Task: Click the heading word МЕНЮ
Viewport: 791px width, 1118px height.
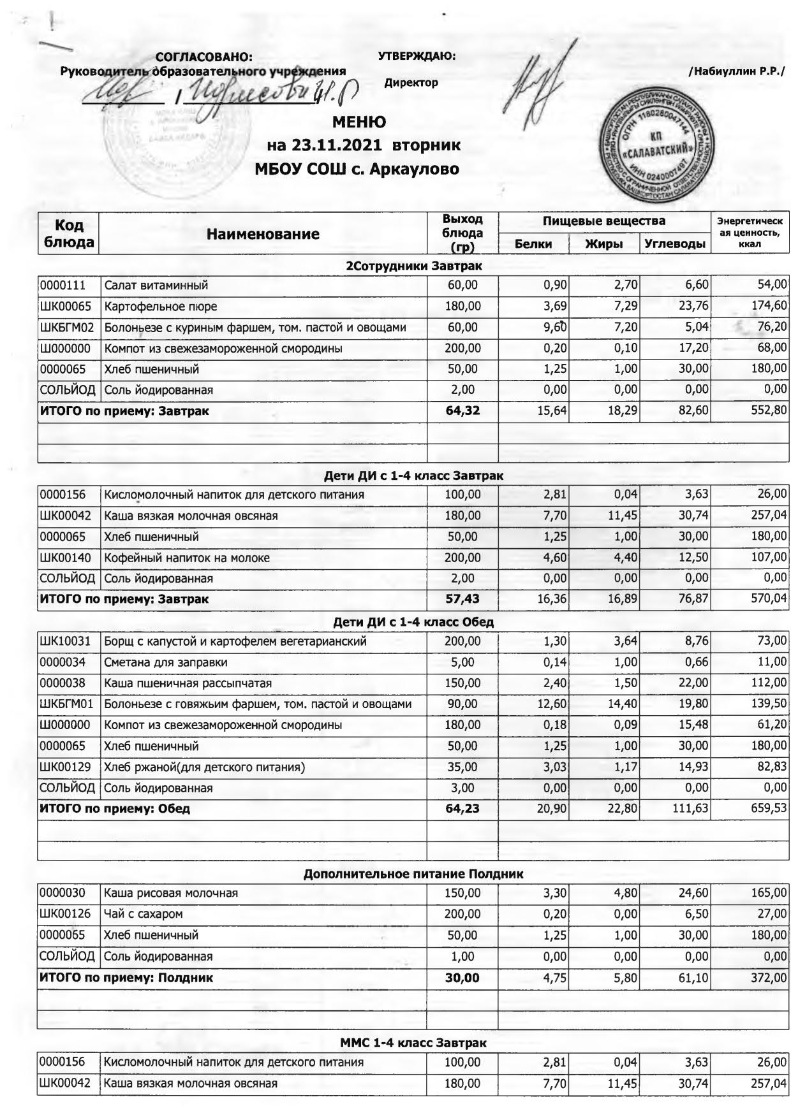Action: [x=359, y=122]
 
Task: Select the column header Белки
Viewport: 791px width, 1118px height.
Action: [x=533, y=243]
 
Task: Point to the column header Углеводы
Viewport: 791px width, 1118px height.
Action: [x=674, y=243]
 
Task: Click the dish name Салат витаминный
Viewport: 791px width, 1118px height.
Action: [x=156, y=286]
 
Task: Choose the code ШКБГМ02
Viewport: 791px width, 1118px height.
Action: [x=67, y=328]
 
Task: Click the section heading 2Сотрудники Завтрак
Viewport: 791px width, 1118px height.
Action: [x=413, y=266]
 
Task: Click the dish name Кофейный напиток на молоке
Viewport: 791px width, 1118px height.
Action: [x=187, y=558]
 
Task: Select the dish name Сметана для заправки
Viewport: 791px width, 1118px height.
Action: [x=166, y=662]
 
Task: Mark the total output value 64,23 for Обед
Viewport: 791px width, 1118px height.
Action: [x=462, y=809]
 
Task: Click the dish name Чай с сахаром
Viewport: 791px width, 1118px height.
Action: [x=143, y=913]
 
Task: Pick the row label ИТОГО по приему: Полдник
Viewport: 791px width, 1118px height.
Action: [x=126, y=977]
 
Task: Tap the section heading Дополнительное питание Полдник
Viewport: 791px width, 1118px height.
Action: [x=413, y=874]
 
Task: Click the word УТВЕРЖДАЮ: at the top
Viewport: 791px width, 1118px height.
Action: [x=417, y=56]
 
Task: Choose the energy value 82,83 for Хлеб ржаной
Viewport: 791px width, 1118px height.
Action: [x=772, y=767]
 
